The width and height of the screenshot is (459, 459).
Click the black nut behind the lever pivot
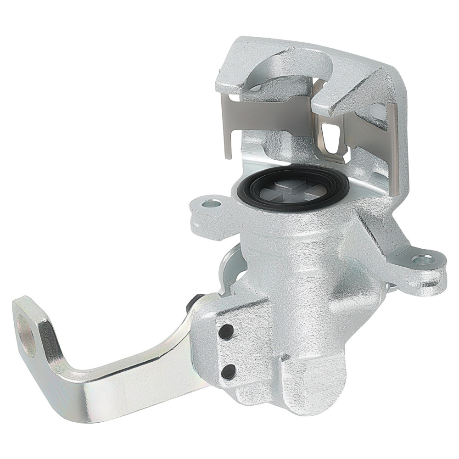[x=193, y=303]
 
